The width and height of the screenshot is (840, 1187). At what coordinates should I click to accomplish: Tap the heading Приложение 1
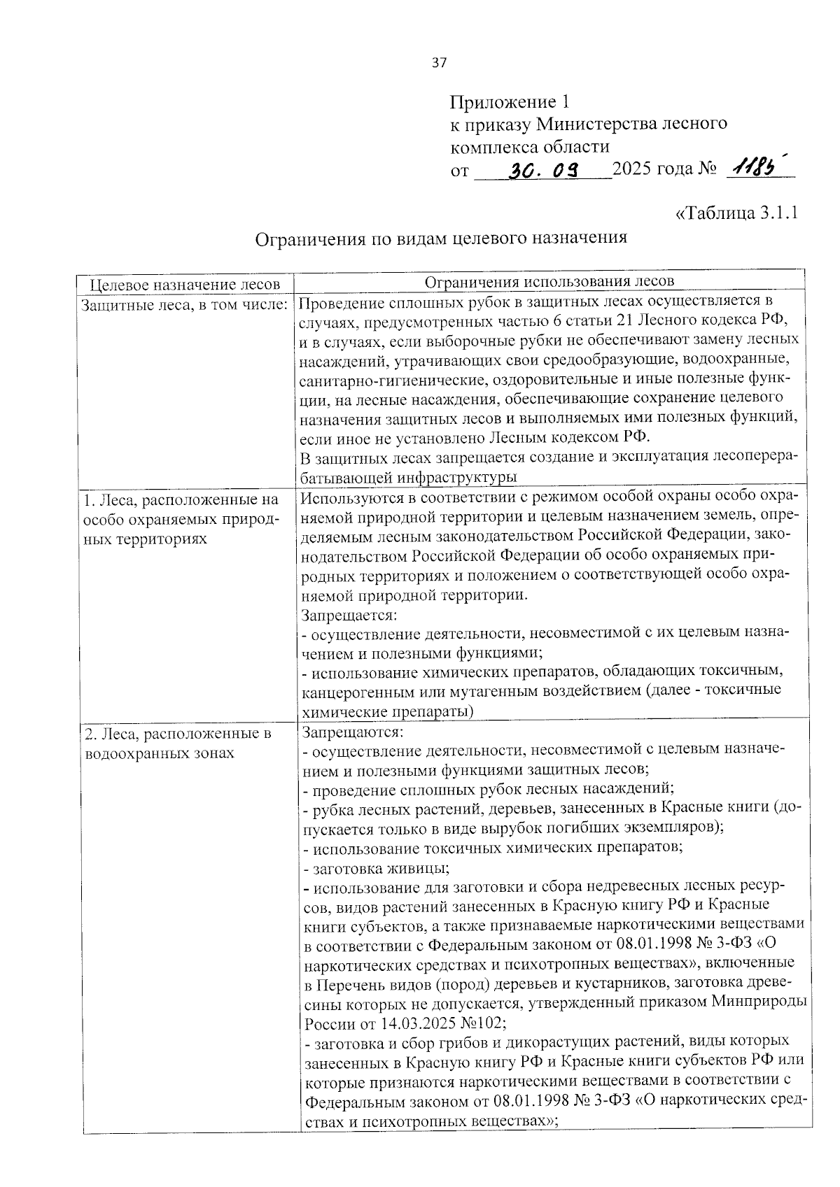(x=510, y=101)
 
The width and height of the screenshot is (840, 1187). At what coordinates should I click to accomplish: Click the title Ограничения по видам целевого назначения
(x=440, y=238)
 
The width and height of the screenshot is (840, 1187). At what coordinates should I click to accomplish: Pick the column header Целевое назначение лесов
(x=185, y=284)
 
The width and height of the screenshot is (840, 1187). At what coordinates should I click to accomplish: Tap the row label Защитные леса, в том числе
(x=185, y=305)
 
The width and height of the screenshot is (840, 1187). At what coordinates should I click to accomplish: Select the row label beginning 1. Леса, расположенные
(x=181, y=499)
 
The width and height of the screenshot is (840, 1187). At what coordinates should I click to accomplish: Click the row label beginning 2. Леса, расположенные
(x=177, y=734)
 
